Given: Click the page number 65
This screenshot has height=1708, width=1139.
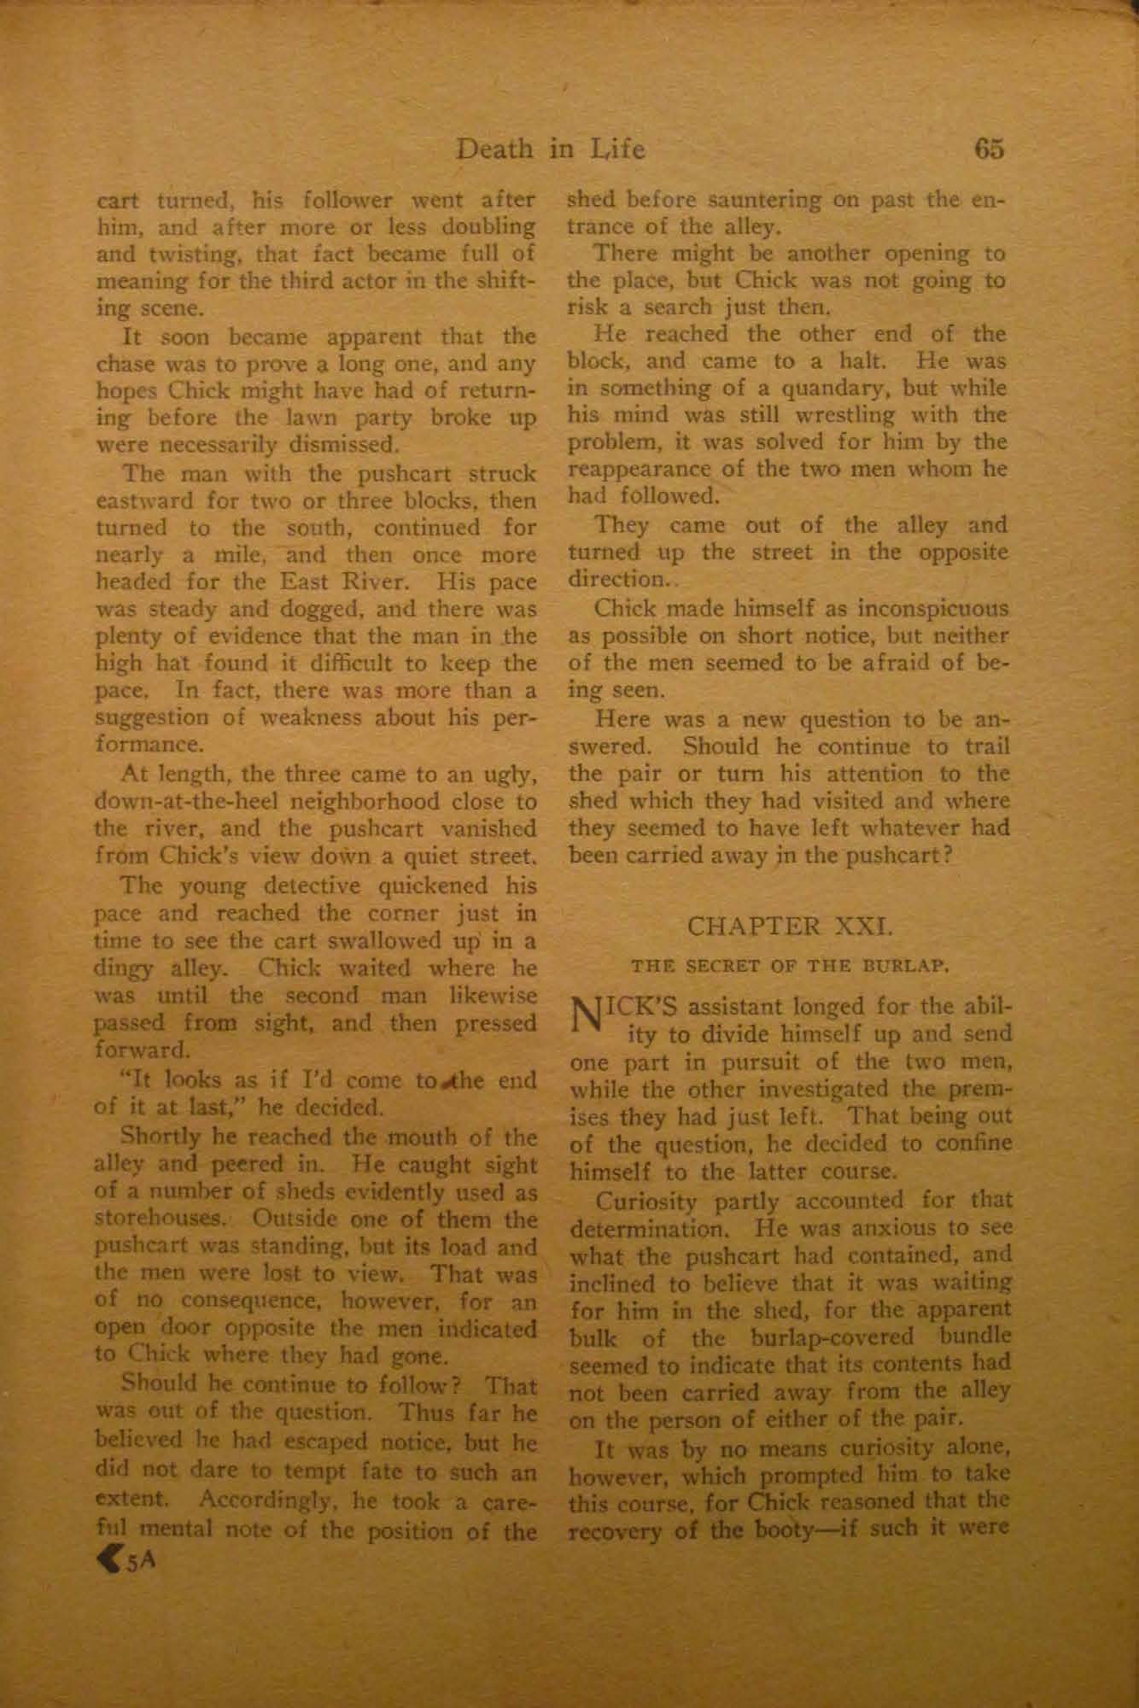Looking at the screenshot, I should click(988, 149).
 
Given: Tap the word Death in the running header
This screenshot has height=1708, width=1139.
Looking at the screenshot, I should click(494, 150).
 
